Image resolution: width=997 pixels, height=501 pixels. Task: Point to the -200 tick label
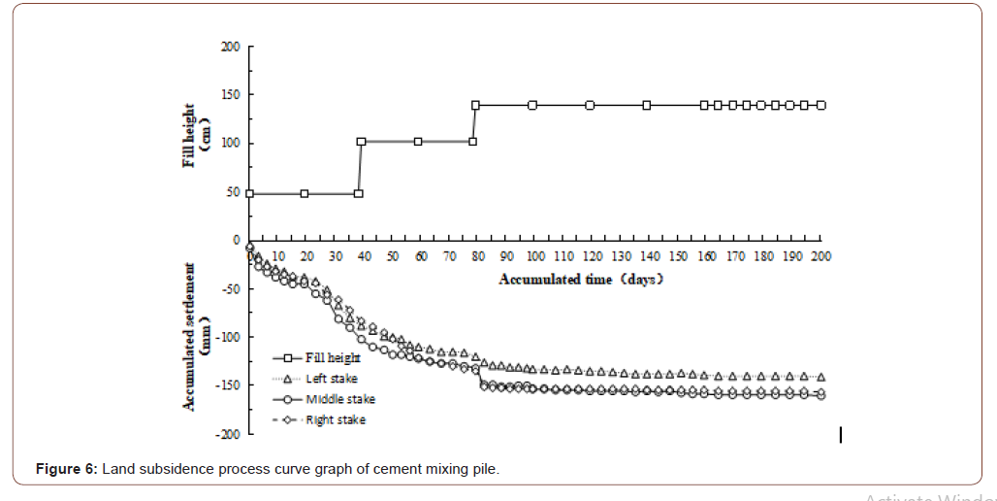(229, 434)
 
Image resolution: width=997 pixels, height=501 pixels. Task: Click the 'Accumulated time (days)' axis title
(580, 280)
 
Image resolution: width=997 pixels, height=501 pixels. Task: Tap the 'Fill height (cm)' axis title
(197, 136)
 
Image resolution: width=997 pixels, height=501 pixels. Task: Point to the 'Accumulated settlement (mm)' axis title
(197, 335)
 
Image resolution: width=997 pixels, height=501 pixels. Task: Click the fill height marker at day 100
(532, 105)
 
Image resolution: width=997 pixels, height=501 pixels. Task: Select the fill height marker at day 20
(305, 193)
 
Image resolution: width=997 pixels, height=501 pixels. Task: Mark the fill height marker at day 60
(418, 141)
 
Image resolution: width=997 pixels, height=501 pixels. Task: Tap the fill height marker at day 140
(647, 105)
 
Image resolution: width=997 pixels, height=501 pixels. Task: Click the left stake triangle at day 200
(820, 377)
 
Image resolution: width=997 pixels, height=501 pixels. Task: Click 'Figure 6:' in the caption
(66, 470)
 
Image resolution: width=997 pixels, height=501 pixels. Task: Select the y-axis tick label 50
(233, 192)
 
